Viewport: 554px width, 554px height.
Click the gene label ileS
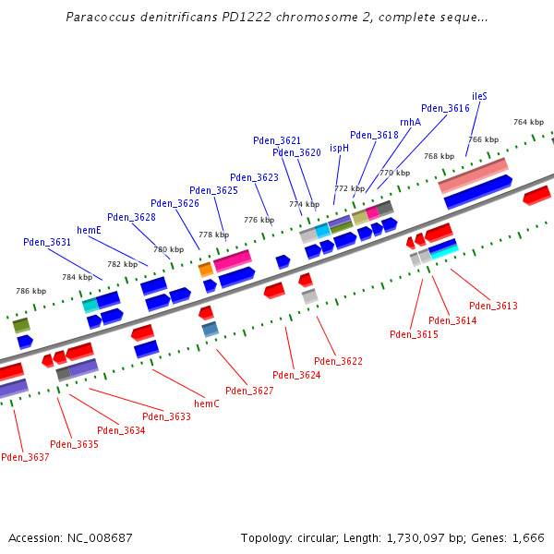[479, 95]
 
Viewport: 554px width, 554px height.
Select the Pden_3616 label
[445, 108]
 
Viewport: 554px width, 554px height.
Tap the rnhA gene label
[410, 122]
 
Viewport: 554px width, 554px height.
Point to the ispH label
[339, 148]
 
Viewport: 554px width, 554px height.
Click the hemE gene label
[89, 230]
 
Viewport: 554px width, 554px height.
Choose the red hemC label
[207, 403]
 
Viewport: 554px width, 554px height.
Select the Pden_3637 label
[25, 457]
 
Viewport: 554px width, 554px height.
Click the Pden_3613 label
[493, 306]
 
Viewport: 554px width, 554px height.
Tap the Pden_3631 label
[47, 242]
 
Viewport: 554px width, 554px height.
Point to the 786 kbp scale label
[30, 291]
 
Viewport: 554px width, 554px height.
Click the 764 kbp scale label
[528, 122]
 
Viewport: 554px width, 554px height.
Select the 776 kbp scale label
[259, 220]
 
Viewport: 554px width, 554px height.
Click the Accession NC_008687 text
[70, 537]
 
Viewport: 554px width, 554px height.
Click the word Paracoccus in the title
[99, 18]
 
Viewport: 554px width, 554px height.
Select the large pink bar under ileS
[473, 174]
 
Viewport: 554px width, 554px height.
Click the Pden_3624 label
[296, 375]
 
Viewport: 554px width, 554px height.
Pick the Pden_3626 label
[175, 203]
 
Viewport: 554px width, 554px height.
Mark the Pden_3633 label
[167, 416]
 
